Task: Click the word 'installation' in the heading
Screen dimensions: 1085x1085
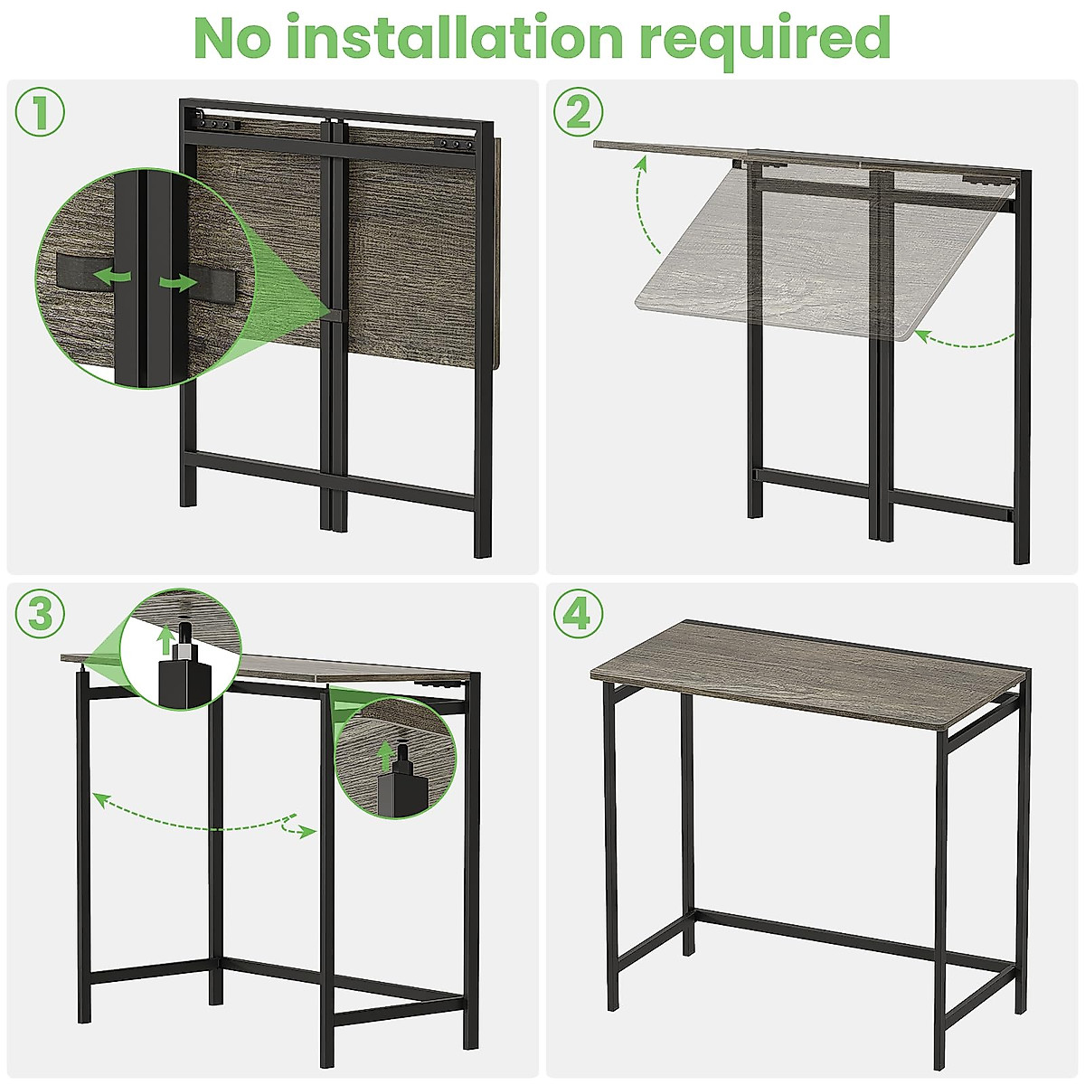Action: coord(470,38)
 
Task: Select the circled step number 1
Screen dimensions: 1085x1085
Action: coord(40,111)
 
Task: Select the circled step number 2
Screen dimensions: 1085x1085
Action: coord(579,111)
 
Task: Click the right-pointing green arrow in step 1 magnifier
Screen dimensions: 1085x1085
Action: coord(178,283)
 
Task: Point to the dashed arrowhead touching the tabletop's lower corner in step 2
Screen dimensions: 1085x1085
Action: coord(921,335)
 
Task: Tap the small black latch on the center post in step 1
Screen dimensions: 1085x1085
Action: coord(333,314)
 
